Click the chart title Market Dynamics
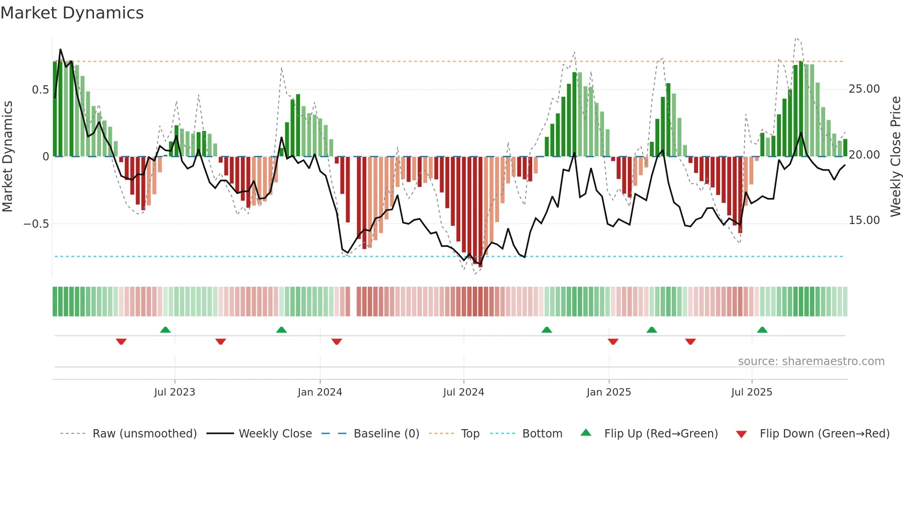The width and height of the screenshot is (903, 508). coord(72,13)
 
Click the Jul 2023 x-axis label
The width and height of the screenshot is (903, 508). coord(175,392)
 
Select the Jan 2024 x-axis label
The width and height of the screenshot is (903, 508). coord(320,392)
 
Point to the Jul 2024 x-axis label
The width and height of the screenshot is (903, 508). coord(463,392)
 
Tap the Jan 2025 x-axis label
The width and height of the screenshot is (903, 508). coord(609,392)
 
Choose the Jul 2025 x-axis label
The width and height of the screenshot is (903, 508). coord(751,392)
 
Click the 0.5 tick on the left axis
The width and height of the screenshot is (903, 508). coord(40,90)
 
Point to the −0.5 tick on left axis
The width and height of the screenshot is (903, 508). coord(36,224)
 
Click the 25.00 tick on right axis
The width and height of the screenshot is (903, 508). coord(864,89)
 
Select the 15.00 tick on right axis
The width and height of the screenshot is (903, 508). coord(864,220)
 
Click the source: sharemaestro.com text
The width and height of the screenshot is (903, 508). coord(811,361)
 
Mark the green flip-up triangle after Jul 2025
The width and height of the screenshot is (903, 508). coord(762,330)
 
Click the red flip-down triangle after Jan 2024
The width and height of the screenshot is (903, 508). coord(337,342)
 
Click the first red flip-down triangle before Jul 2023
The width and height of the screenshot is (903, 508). coord(121,342)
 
